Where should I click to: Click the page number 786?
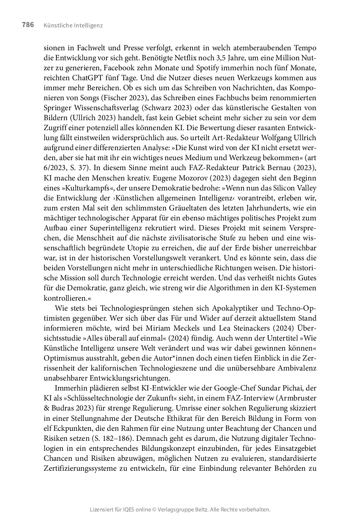[28, 25]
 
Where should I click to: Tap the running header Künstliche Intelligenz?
[73, 26]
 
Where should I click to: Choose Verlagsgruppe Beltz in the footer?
[182, 510]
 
